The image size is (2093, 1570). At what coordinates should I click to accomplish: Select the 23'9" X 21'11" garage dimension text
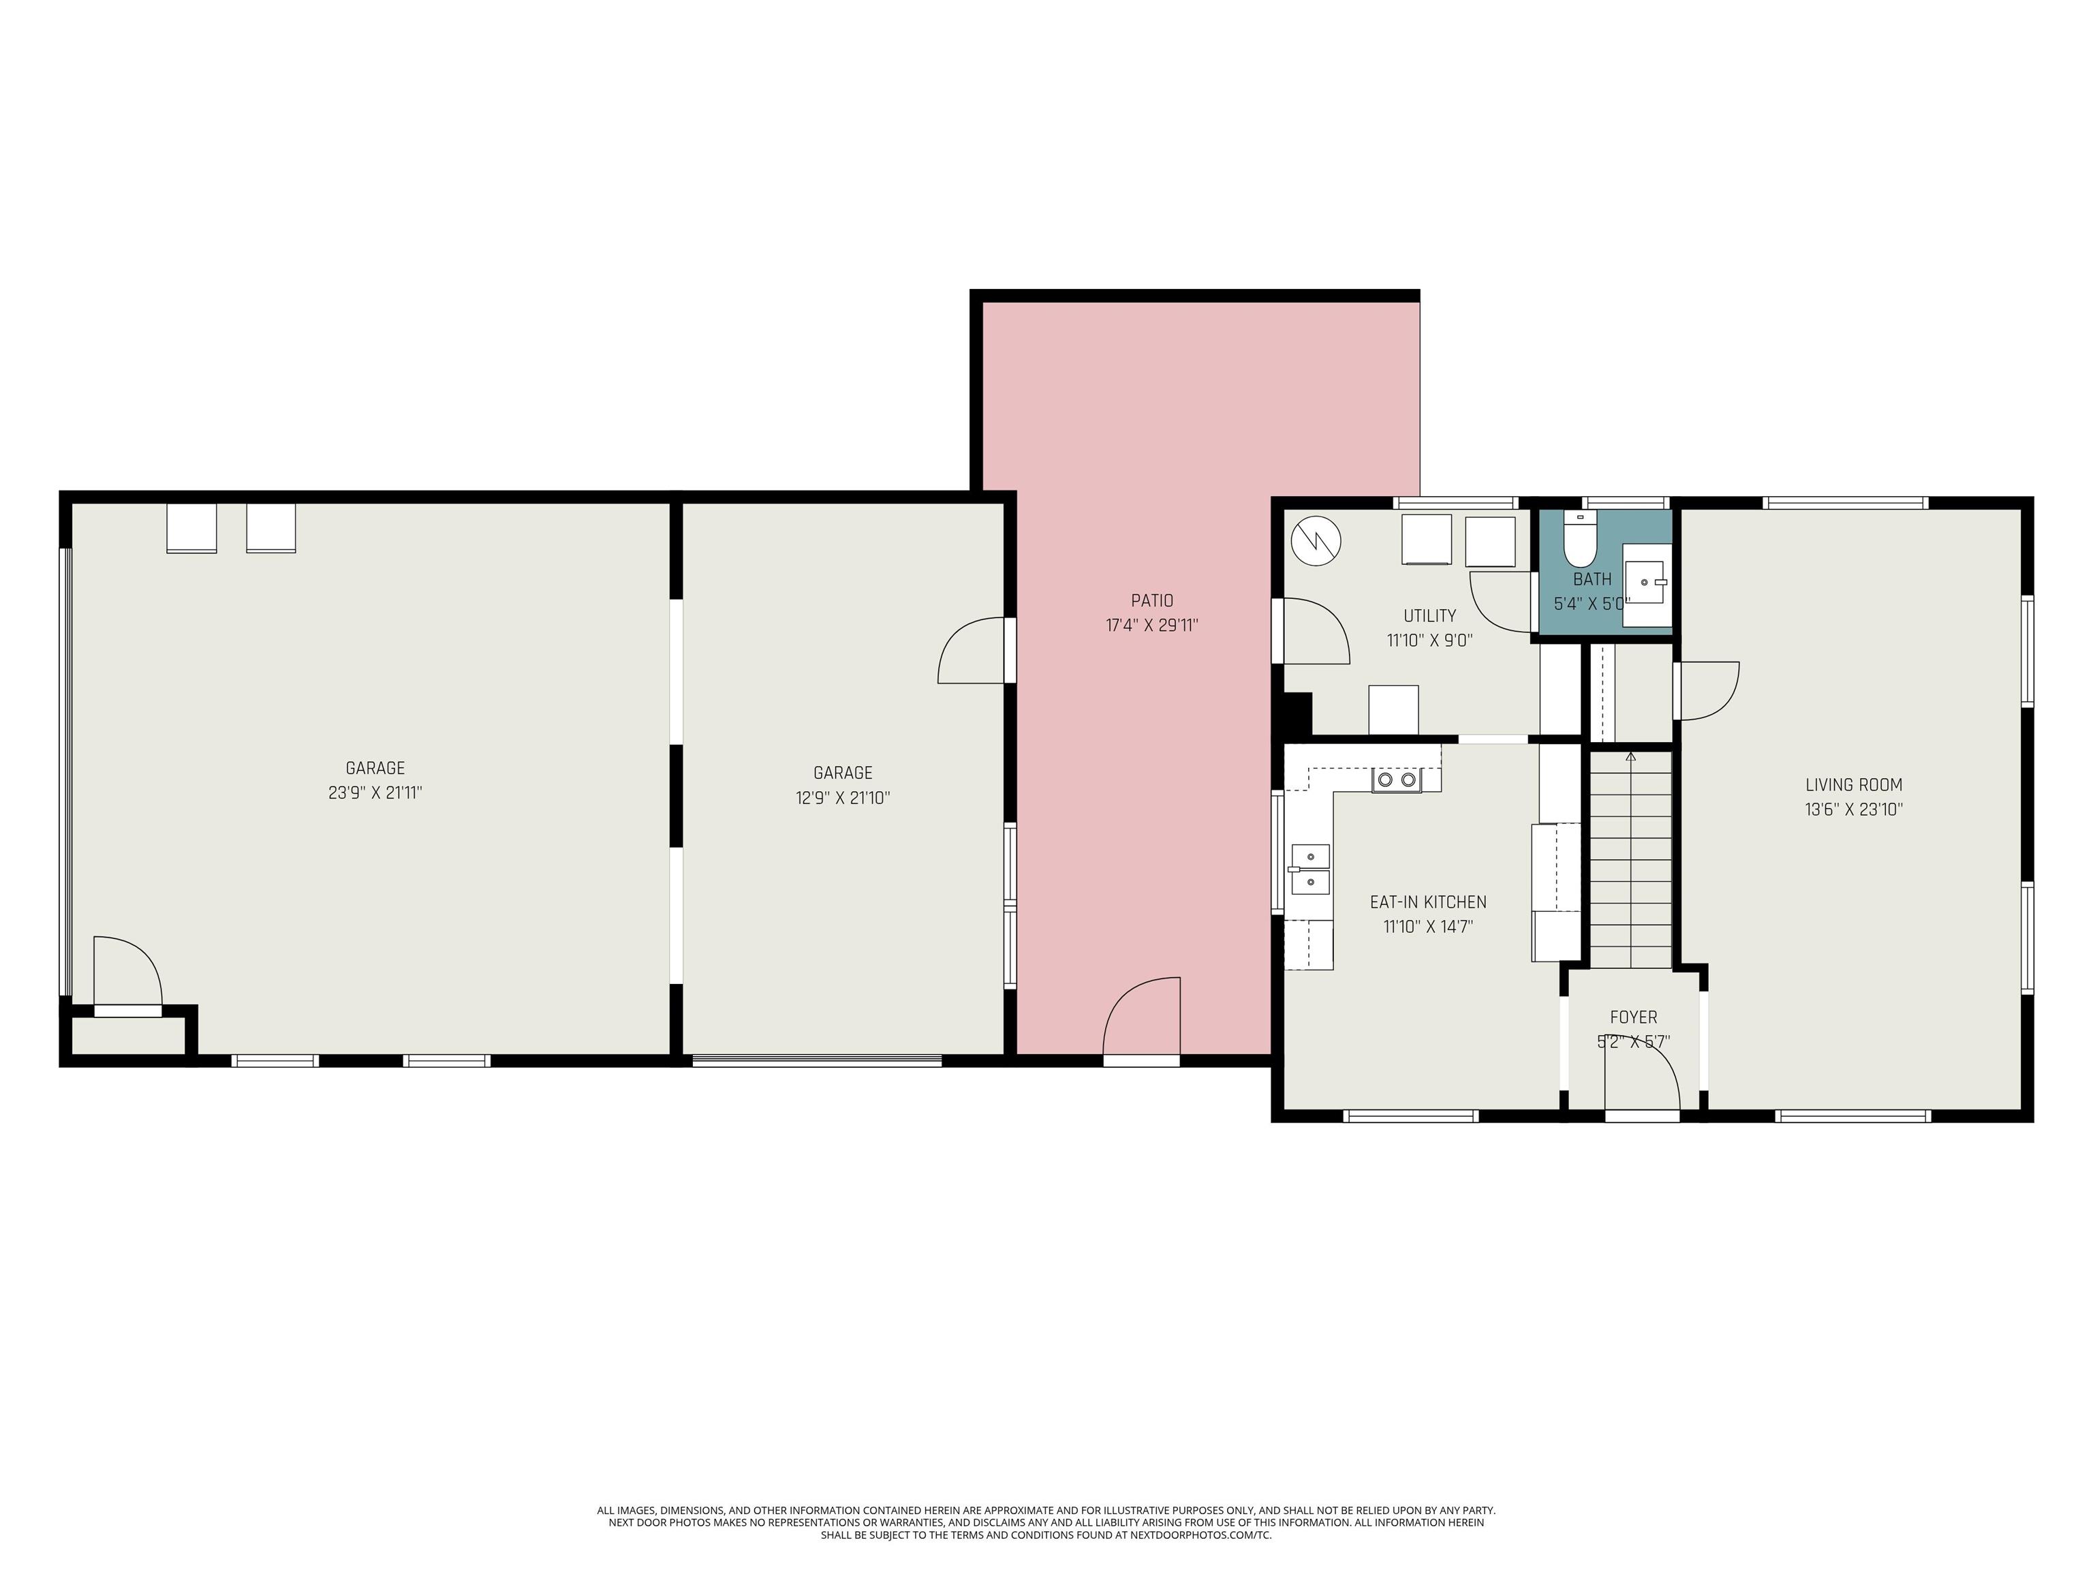pyautogui.click(x=375, y=793)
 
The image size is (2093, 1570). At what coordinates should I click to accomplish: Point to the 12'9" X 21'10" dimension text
pyautogui.click(x=842, y=798)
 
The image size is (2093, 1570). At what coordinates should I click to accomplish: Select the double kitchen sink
pyautogui.click(x=1309, y=869)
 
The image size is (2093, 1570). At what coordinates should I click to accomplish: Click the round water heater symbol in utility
pyautogui.click(x=1316, y=541)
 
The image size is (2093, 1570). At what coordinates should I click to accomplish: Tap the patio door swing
pyautogui.click(x=1142, y=1015)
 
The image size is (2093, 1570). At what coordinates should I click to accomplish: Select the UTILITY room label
pyautogui.click(x=1429, y=616)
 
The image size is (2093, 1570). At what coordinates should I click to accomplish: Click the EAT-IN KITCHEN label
pyautogui.click(x=1428, y=902)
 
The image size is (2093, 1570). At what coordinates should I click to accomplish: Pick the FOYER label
pyautogui.click(x=1633, y=1017)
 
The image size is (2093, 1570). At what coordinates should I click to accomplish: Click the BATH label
pyautogui.click(x=1592, y=579)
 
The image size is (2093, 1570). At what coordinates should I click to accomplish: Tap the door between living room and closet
pyautogui.click(x=1708, y=691)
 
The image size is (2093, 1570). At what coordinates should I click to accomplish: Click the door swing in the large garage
pyautogui.click(x=127, y=972)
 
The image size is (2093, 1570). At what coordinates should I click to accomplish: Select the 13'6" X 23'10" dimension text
pyautogui.click(x=1854, y=809)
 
